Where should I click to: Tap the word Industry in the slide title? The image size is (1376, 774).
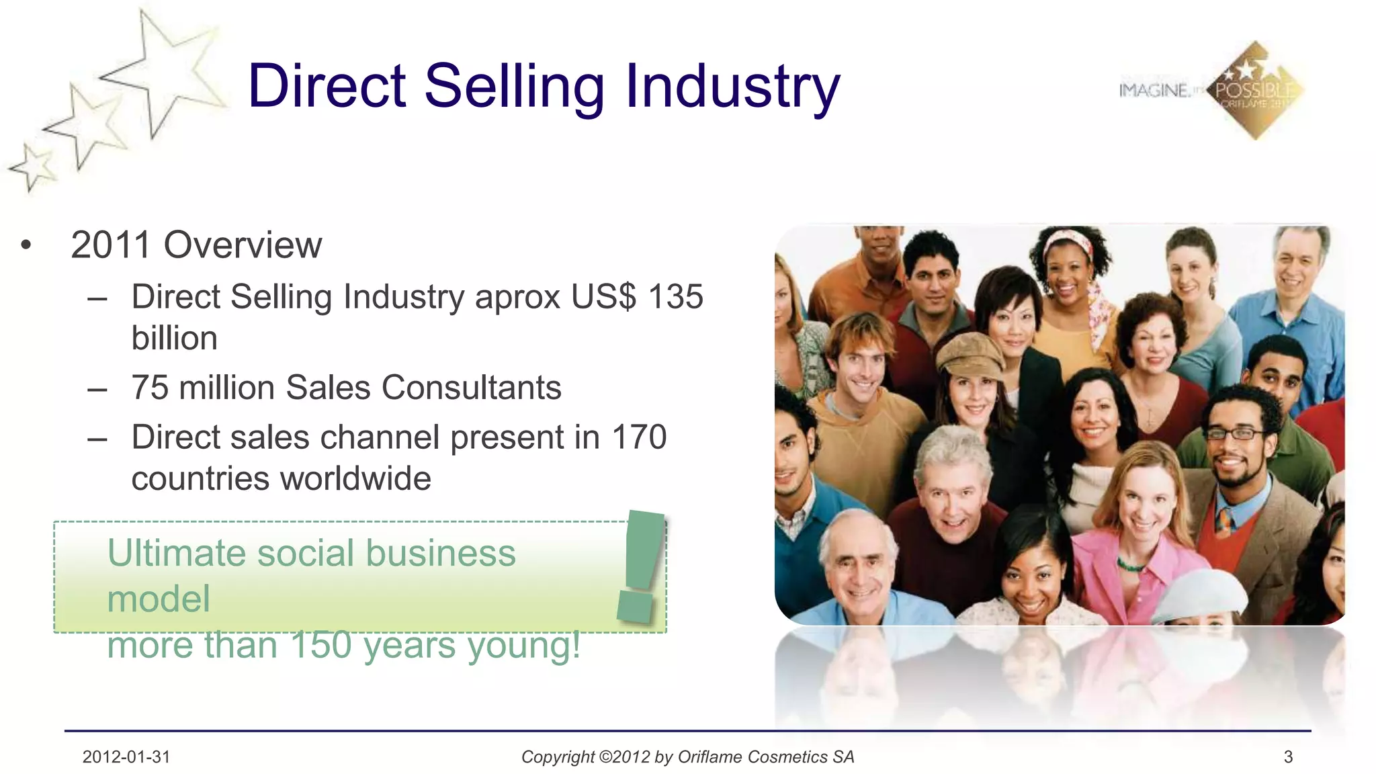[732, 87]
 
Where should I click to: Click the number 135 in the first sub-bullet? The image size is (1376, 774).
[676, 296]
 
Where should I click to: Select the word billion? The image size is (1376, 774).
[175, 338]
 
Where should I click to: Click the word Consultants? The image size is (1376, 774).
[471, 388]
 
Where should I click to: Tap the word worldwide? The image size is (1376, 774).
[355, 479]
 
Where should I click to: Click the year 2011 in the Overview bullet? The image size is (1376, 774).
[111, 245]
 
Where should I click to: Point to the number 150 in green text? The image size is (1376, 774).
[321, 645]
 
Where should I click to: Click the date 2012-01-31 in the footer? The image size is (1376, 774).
[126, 757]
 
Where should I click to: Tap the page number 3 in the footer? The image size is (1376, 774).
[1288, 757]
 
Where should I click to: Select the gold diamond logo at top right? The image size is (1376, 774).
[1255, 91]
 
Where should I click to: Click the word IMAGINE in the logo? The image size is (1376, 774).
[1154, 90]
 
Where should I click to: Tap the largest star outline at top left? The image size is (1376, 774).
[161, 71]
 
